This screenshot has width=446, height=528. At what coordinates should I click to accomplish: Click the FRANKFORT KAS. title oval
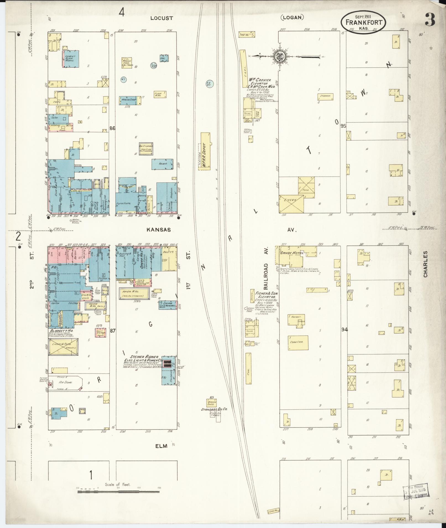[x=363, y=23]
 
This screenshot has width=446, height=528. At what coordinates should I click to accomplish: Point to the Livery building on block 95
[x=291, y=204]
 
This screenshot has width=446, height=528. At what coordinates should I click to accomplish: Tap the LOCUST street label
[x=162, y=18]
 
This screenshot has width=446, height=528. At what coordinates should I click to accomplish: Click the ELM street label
[x=161, y=446]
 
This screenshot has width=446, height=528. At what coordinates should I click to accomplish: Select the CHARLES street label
[x=425, y=264]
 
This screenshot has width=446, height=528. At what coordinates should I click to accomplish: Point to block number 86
[x=112, y=128]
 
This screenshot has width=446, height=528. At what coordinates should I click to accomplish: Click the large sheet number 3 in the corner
[x=430, y=19]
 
